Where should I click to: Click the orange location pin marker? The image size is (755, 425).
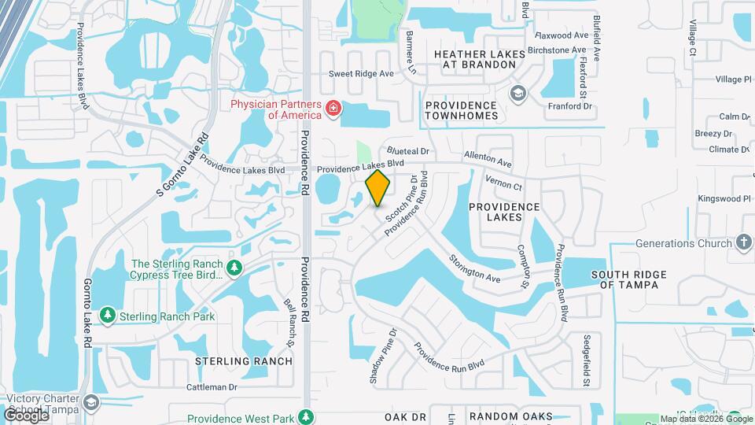coord(378,188)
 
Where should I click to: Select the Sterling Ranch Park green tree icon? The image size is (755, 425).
coord(108,316)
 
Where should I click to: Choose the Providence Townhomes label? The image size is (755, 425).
coord(462,110)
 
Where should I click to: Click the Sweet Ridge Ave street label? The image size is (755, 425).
coord(361,74)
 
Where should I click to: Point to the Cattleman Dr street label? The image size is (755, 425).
coord(212,386)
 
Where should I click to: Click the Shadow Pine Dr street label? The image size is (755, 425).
coord(385,356)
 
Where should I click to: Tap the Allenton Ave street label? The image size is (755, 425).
coord(488,160)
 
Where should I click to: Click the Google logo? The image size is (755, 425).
coord(26,415)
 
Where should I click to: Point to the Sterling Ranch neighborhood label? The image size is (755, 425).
coord(244,361)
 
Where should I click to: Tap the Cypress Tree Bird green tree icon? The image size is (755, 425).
coord(234,269)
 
